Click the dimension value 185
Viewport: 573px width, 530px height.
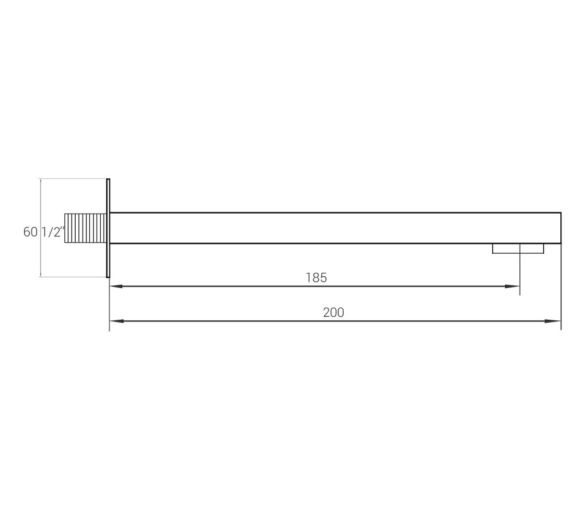tap(316, 278)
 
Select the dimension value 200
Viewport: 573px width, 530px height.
tap(333, 313)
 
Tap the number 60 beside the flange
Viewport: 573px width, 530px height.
tap(30, 232)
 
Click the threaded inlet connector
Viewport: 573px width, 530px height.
tap(85, 228)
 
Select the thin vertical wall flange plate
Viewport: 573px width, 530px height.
tap(108, 228)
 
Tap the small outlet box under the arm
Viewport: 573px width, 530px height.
tap(517, 249)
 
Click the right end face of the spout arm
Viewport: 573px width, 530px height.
tap(560, 228)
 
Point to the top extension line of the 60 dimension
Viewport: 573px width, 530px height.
tap(73, 179)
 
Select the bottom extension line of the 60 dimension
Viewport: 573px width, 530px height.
tap(73, 277)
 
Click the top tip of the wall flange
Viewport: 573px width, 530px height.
tap(108, 180)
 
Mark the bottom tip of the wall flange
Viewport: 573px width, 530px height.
tap(108, 276)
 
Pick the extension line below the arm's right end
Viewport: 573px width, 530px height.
tap(561, 286)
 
